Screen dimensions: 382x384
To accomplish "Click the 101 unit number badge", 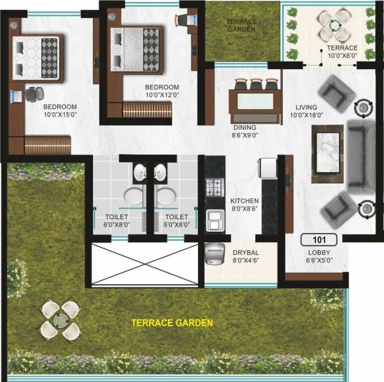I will (x=318, y=240).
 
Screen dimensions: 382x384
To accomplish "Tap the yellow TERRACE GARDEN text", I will (x=172, y=323).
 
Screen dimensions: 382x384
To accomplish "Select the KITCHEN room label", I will (x=244, y=201).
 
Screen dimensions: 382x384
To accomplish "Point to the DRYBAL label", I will (x=246, y=252).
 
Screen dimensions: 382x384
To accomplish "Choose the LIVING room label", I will (x=306, y=107).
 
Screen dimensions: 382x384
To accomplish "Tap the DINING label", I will (x=245, y=127).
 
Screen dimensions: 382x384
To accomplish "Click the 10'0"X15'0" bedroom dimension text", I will (x=60, y=114).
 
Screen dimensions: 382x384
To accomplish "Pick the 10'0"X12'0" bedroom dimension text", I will (x=162, y=95).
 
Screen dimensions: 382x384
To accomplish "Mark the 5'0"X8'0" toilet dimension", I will (x=177, y=224).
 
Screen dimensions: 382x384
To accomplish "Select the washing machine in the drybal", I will (x=214, y=254).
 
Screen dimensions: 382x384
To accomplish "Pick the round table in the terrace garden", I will (x=60, y=320).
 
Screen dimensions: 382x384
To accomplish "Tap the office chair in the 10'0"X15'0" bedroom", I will (x=33, y=94).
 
